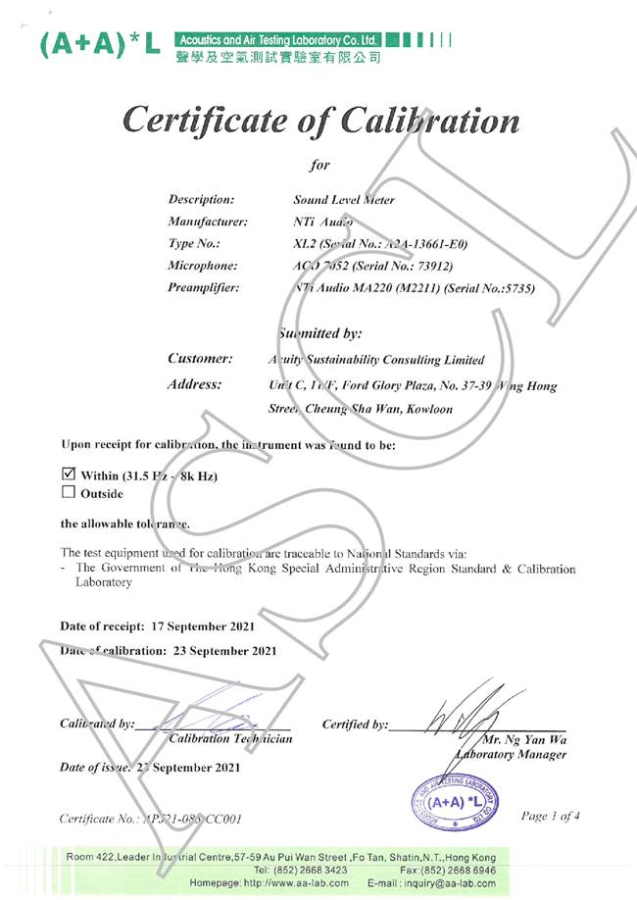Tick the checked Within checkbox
(x=69, y=475)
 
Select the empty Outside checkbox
(x=69, y=493)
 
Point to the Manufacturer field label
(x=208, y=222)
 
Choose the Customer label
(x=200, y=359)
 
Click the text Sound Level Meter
(x=344, y=199)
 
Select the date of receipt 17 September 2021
(x=204, y=625)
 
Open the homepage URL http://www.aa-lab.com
(x=293, y=883)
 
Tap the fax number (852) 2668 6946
(x=461, y=871)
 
